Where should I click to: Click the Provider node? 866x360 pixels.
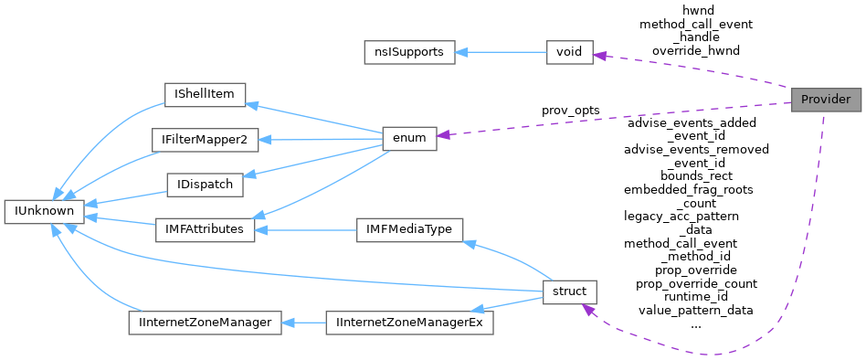(x=826, y=100)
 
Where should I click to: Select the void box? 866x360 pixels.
(x=569, y=52)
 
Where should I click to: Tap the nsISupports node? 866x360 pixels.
(x=408, y=52)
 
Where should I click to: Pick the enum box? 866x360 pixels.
(x=408, y=137)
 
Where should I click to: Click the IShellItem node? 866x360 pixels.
(x=205, y=94)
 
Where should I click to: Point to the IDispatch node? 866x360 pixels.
(x=204, y=184)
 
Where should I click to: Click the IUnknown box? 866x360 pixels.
(x=44, y=211)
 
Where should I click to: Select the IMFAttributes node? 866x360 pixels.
(x=204, y=228)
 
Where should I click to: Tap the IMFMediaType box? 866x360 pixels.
(x=409, y=228)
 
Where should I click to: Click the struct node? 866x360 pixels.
(x=569, y=291)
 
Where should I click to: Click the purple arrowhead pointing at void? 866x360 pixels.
(x=600, y=55)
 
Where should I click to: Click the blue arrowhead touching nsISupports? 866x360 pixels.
(x=461, y=52)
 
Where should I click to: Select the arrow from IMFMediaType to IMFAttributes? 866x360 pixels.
(x=305, y=228)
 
